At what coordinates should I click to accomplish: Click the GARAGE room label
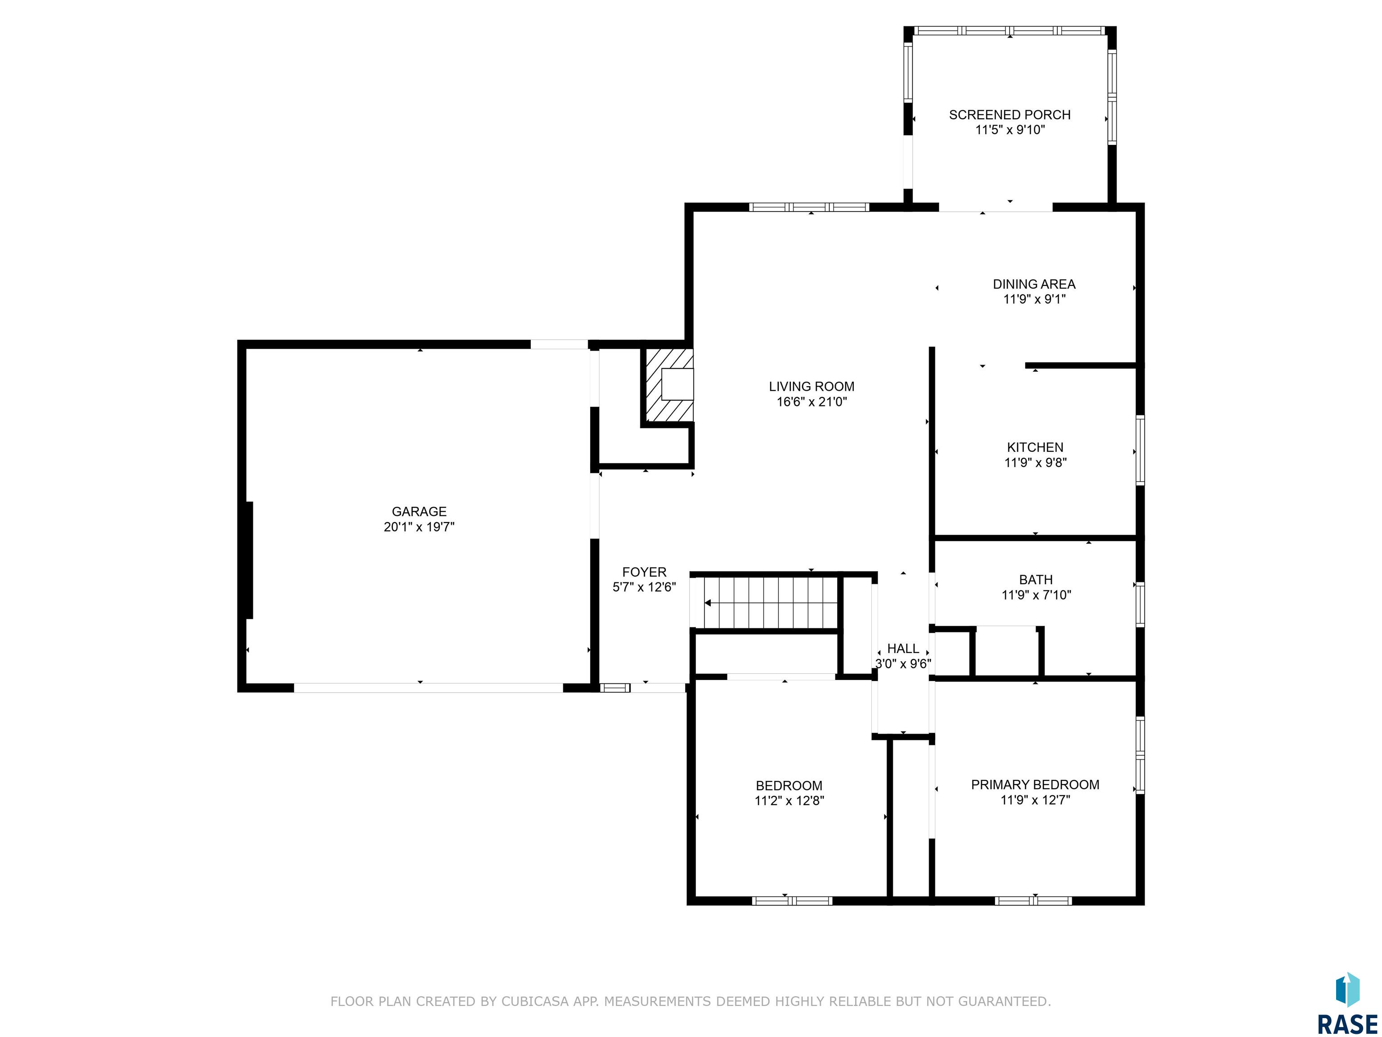[x=419, y=511]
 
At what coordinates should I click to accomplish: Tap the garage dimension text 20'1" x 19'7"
[x=419, y=527]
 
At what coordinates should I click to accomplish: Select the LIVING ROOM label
[x=812, y=386]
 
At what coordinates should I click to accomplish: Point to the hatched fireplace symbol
[x=667, y=385]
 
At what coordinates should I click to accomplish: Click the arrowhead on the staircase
[x=708, y=603]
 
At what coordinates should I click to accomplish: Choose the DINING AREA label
[x=1034, y=284]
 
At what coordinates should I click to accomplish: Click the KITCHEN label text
[x=1035, y=447]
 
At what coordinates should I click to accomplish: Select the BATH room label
[x=1036, y=579]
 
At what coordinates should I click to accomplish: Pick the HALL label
[x=903, y=648]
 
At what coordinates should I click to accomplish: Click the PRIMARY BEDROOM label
[x=1035, y=785]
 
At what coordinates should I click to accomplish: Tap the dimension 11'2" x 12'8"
[x=789, y=801]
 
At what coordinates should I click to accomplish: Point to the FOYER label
[x=644, y=572]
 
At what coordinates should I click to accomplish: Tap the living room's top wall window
[x=809, y=207]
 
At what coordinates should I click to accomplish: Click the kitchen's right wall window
[x=1140, y=450]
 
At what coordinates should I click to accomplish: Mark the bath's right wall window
[x=1140, y=604]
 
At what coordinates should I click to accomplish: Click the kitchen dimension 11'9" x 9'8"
[x=1035, y=463]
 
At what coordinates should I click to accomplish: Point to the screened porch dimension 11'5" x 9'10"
[x=1010, y=130]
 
